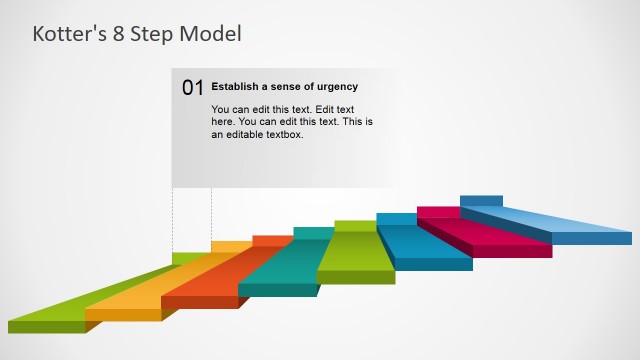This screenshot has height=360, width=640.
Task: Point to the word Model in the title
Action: coord(211,34)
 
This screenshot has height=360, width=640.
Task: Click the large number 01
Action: coord(193,88)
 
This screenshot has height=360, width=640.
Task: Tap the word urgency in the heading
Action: coord(336,87)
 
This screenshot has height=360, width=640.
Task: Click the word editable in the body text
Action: coord(246,134)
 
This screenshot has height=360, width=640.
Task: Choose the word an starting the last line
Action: coord(217,134)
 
